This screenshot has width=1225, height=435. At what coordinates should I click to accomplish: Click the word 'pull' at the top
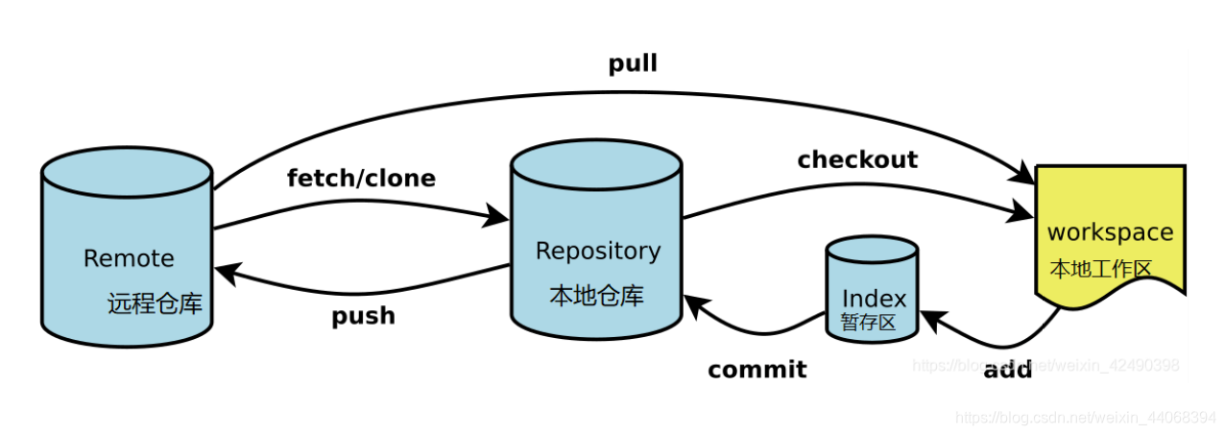click(633, 64)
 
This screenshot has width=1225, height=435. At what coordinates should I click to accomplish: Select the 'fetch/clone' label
click(361, 179)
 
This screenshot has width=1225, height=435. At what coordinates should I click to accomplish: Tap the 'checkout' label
click(857, 159)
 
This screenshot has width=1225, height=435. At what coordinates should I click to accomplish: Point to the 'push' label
click(363, 316)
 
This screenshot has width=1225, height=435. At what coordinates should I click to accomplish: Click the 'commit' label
click(757, 370)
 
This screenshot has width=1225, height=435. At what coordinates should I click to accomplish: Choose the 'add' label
click(1007, 370)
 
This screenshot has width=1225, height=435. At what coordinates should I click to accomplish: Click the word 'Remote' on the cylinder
click(129, 258)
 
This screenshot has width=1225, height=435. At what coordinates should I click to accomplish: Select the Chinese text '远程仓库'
click(155, 304)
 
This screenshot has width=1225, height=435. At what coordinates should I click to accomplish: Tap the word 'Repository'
click(597, 251)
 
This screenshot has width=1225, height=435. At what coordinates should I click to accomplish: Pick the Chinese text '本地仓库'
click(596, 296)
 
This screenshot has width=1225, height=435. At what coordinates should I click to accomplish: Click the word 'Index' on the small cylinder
click(873, 299)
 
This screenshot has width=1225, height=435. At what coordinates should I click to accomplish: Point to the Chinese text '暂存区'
click(868, 323)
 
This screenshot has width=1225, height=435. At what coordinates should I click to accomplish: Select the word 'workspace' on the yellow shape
click(1110, 232)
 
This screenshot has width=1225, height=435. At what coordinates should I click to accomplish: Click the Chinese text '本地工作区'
click(1100, 268)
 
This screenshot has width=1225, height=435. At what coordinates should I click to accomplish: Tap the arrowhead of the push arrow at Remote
click(225, 274)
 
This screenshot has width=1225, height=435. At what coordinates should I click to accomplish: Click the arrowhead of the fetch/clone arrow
click(497, 216)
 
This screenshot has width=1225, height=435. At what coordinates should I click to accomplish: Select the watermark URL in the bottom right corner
click(1086, 418)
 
